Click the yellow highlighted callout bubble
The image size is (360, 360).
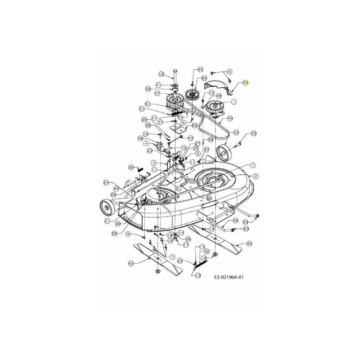point(245,82)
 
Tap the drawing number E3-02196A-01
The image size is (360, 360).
point(232,278)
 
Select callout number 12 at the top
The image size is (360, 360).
point(161,74)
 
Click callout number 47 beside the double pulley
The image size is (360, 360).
point(157,93)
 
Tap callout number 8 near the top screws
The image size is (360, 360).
point(229,72)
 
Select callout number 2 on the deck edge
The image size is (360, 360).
point(255,176)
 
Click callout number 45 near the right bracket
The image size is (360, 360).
point(235,220)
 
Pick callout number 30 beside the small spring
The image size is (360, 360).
point(131,167)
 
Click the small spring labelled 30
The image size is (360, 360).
point(139,169)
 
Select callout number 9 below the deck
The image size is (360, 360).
point(128,234)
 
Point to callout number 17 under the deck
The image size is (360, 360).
point(185,245)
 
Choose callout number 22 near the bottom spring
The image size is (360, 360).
point(180,261)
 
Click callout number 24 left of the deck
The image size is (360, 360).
point(107,182)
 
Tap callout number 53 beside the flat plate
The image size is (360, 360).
point(194,125)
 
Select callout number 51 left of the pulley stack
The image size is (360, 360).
point(148,103)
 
